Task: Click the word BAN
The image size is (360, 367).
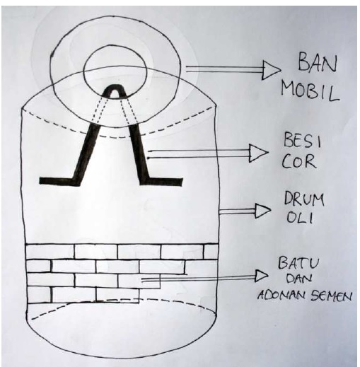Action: (x=318, y=63)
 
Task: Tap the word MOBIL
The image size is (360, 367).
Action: (x=310, y=92)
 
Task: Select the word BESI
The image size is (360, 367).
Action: (x=302, y=140)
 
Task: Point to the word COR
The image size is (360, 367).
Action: (x=299, y=161)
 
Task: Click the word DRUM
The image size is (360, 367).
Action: (x=304, y=199)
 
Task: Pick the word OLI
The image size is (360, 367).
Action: (x=299, y=217)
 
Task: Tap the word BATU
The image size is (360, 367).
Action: (x=298, y=262)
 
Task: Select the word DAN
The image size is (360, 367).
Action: (x=299, y=279)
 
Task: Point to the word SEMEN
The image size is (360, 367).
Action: (x=330, y=296)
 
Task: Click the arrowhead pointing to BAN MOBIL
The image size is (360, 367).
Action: (x=271, y=70)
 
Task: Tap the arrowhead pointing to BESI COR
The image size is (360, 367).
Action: (x=259, y=153)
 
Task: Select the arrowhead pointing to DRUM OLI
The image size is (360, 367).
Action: (x=262, y=211)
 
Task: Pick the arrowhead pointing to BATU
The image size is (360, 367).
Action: (x=262, y=275)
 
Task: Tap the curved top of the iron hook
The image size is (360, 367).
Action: (x=115, y=87)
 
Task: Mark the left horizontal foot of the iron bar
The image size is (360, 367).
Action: (x=59, y=181)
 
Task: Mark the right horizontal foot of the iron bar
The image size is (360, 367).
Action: (x=162, y=182)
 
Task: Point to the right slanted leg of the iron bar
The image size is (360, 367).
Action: (x=139, y=153)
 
